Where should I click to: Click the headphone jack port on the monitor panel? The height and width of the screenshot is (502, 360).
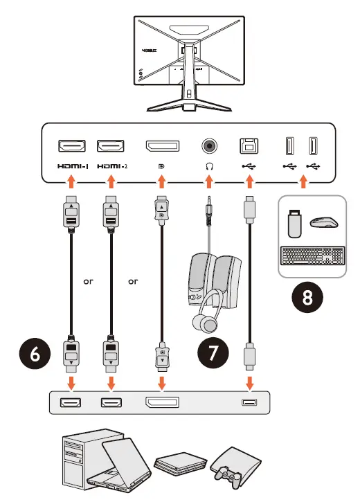pos(208,146)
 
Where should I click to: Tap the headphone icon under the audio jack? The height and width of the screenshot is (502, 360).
pos(208,166)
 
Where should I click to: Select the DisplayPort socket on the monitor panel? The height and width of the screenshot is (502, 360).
pos(161,146)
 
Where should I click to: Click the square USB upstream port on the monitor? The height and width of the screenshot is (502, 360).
pos(248,146)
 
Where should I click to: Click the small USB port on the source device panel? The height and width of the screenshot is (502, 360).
pos(248,402)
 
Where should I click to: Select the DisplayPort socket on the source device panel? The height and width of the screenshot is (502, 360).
pos(161,402)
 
